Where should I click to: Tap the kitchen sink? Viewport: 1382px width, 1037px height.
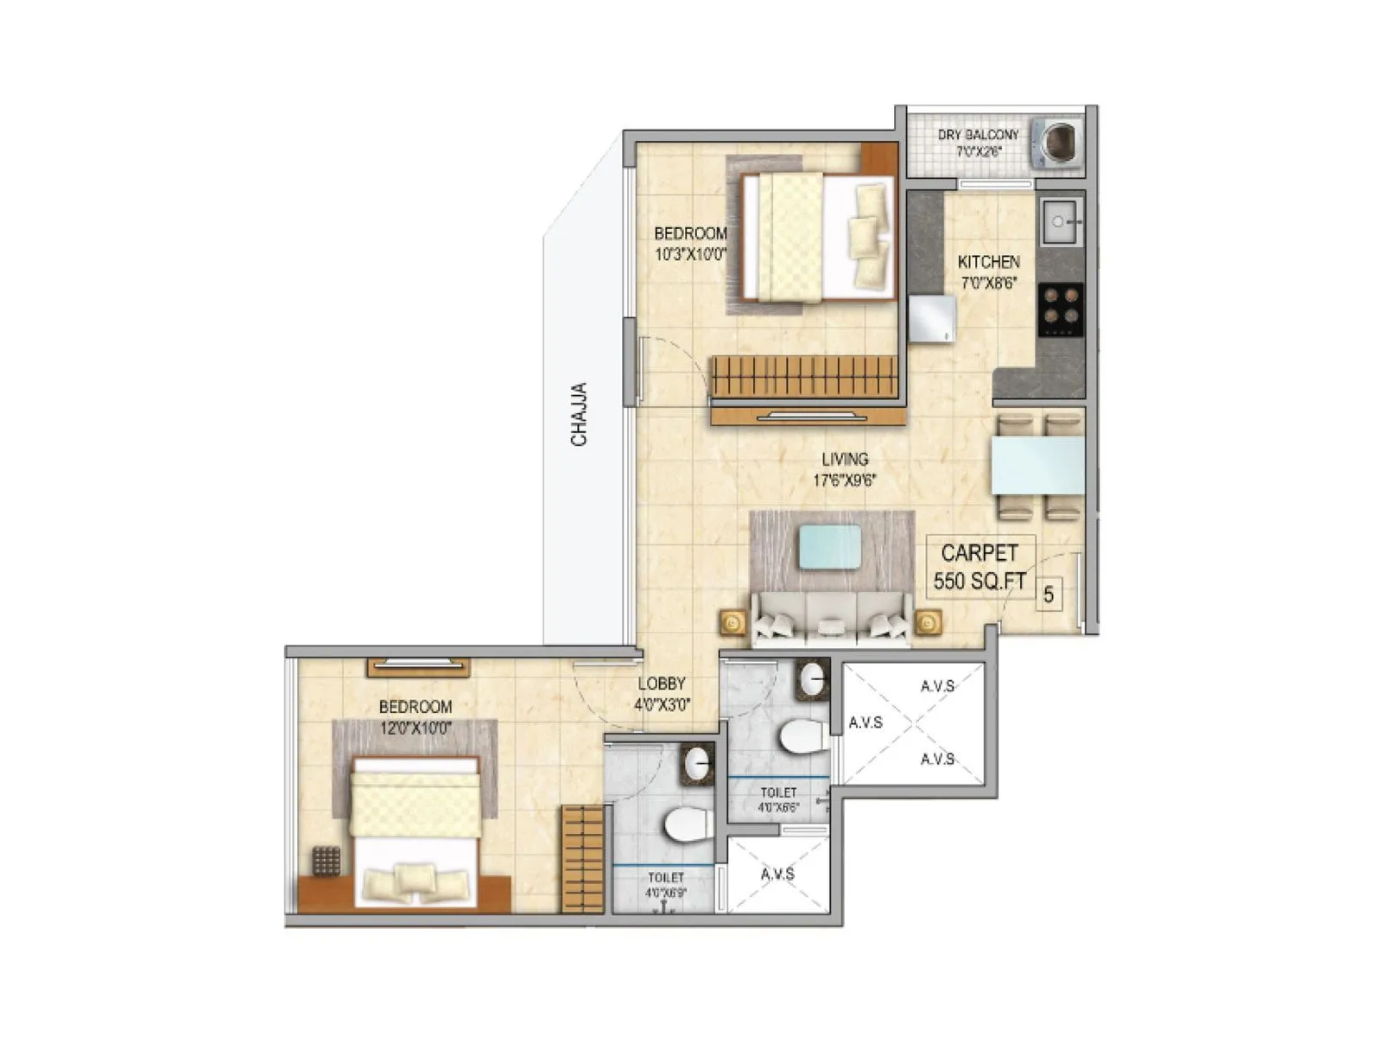[x=1061, y=222]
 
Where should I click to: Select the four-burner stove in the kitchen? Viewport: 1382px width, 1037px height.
[x=1061, y=309]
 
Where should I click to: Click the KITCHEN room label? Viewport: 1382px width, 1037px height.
[x=988, y=270]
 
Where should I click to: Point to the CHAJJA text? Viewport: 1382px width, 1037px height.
[x=579, y=415]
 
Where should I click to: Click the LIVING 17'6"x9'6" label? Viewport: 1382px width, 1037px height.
[x=845, y=469]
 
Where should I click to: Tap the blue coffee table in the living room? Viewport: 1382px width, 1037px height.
[x=829, y=547]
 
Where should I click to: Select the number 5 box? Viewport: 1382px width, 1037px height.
[x=1049, y=595]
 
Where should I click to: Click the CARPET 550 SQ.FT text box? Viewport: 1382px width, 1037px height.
[x=979, y=567]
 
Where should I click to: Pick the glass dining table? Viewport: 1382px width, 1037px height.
[x=1037, y=465]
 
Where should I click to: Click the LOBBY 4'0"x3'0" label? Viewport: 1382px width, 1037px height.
[x=662, y=693]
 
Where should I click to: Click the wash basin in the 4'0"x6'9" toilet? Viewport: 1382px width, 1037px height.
[x=696, y=763]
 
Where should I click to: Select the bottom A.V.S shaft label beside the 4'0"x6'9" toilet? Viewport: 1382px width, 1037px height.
[x=777, y=875]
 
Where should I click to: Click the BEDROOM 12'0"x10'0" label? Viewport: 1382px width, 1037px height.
[x=415, y=716]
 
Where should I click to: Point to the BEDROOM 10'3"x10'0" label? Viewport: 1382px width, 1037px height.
[x=690, y=243]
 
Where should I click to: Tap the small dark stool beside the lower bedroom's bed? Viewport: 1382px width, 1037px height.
[x=326, y=862]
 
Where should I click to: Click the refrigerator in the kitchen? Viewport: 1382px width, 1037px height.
[x=931, y=318]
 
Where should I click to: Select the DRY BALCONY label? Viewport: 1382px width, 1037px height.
[x=978, y=143]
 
